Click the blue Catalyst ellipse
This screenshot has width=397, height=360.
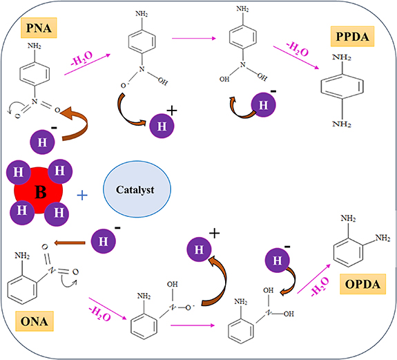pos(136,194)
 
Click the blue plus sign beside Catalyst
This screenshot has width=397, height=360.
pos(82,196)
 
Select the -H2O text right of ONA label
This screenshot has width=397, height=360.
pos(93,311)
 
